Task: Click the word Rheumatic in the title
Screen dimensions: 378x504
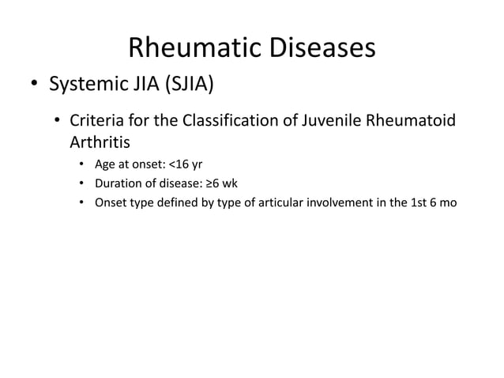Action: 190,49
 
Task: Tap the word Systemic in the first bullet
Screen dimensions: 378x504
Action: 85,84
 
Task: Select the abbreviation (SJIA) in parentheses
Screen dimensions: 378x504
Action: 188,84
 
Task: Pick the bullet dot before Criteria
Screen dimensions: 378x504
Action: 57,123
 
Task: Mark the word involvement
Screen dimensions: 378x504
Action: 329,202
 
